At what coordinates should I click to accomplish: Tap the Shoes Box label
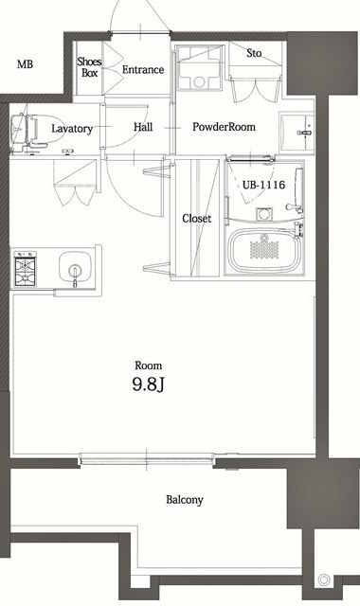(89, 66)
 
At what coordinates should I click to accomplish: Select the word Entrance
(143, 70)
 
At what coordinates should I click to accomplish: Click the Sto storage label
(253, 53)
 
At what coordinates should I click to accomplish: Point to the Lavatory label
(72, 128)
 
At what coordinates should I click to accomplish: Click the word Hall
(143, 127)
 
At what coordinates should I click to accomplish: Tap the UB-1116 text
(264, 185)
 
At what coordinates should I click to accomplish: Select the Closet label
(196, 219)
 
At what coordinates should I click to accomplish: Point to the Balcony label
(184, 500)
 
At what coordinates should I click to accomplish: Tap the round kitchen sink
(72, 266)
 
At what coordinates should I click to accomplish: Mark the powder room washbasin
(300, 127)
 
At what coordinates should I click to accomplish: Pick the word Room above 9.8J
(148, 365)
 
